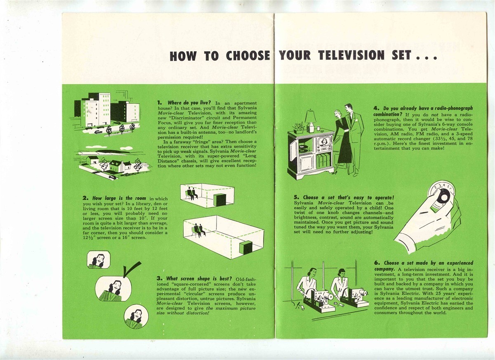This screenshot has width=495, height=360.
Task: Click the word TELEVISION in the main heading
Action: pyautogui.click(x=351, y=55)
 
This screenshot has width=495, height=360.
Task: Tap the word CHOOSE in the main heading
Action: pyautogui.click(x=248, y=56)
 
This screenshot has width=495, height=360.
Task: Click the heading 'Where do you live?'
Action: pyautogui.click(x=189, y=103)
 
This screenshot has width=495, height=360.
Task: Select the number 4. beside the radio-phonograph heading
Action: pyautogui.click(x=377, y=108)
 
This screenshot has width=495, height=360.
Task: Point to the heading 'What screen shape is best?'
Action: pyautogui.click(x=199, y=278)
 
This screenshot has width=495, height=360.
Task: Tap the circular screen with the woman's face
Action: pyautogui.click(x=136, y=316)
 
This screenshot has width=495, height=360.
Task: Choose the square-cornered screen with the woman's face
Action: pyautogui.click(x=99, y=260)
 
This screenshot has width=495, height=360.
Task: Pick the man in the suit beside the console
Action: pyautogui.click(x=354, y=139)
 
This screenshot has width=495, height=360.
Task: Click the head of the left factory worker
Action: pyautogui.click(x=311, y=273)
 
